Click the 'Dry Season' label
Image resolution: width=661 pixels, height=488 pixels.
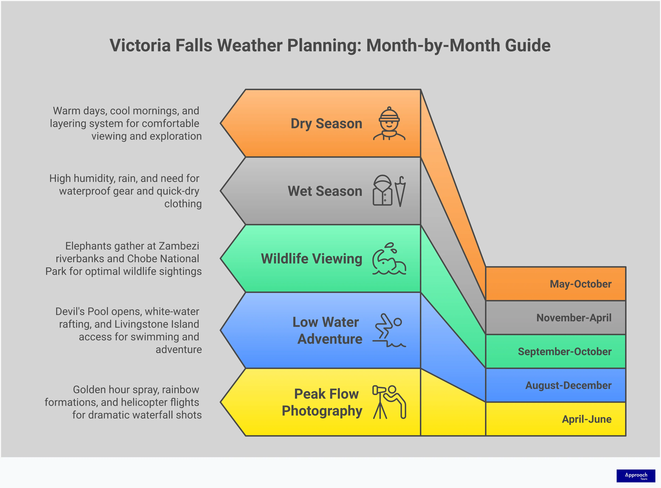326,123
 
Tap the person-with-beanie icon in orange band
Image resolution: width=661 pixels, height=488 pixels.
389,123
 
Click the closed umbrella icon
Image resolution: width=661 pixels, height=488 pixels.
400,191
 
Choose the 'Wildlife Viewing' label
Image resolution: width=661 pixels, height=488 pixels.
311,259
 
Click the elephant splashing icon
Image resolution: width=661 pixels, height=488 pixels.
389,259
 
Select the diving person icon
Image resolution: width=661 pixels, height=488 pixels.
389,330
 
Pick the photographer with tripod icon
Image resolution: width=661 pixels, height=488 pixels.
389,402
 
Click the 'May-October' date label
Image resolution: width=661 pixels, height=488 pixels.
580,284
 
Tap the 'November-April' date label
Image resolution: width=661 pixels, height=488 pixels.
574,318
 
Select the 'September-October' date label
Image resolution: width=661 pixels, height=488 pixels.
564,352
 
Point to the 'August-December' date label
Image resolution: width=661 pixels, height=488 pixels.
568,386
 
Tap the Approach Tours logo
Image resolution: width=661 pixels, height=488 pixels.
636,476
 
